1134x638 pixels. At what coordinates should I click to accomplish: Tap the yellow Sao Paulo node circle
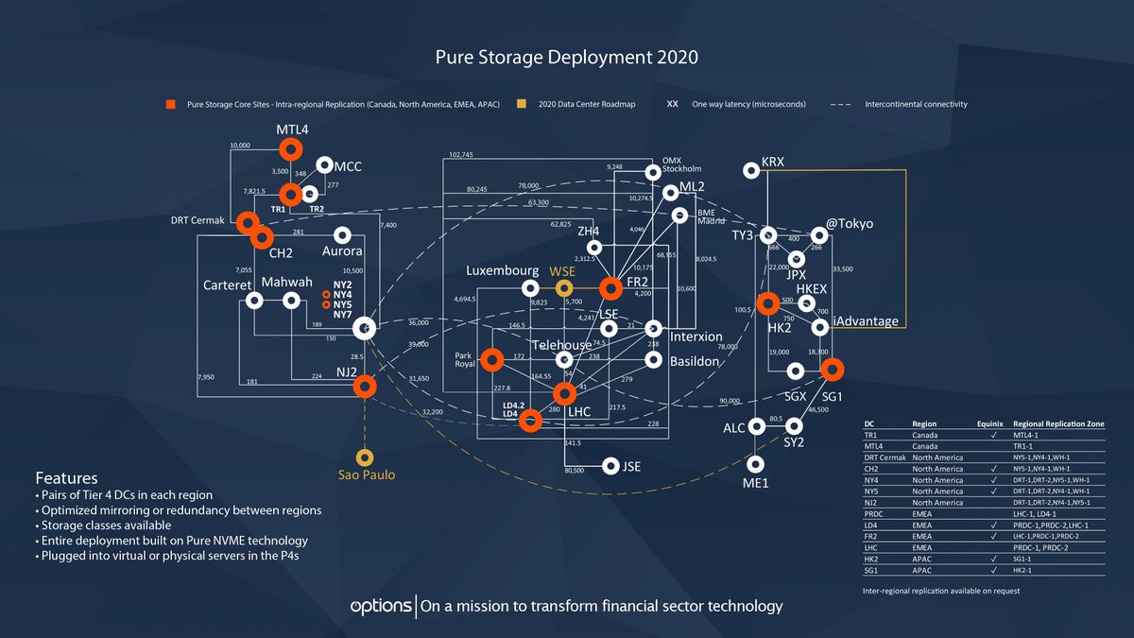coord(365,457)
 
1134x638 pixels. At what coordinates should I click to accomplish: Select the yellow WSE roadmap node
coord(564,287)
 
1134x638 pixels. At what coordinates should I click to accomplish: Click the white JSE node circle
coord(610,465)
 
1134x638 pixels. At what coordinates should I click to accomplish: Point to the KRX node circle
coord(751,171)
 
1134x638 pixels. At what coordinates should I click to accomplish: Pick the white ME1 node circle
coord(755,464)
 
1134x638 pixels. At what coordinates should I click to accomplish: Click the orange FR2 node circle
coord(611,286)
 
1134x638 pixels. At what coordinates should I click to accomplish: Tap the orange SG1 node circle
coord(831,369)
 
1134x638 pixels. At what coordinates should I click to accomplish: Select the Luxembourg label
coord(502,271)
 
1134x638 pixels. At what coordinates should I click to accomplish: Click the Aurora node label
coord(342,251)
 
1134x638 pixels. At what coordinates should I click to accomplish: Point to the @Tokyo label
coord(850,224)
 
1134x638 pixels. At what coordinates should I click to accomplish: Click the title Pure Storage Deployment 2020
coord(566,58)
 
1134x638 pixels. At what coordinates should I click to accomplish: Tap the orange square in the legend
coord(171,104)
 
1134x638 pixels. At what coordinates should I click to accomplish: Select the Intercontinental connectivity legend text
coord(916,104)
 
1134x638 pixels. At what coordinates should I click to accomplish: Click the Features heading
coord(66,478)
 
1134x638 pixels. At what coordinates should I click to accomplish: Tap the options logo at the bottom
coord(380,605)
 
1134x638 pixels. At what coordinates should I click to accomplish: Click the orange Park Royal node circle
coord(491,359)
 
